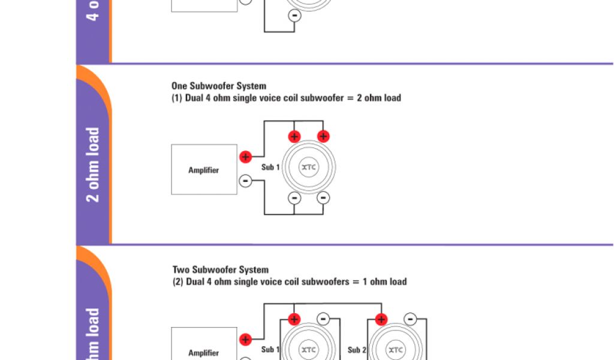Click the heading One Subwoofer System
pyautogui.click(x=219, y=86)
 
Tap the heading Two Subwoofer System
pyautogui.click(x=221, y=270)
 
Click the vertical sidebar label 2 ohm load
pyautogui.click(x=93, y=164)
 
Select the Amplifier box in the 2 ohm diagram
pyautogui.click(x=204, y=170)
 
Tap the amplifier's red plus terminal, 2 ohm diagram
pyautogui.click(x=245, y=157)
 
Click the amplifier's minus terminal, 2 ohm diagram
pyautogui.click(x=245, y=181)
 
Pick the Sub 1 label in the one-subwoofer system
pyautogui.click(x=270, y=167)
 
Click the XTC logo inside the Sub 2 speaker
pyautogui.click(x=395, y=350)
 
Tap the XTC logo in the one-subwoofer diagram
pyautogui.click(x=308, y=167)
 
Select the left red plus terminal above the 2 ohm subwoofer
pyautogui.click(x=294, y=136)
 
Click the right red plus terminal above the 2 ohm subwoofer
pyautogui.click(x=323, y=136)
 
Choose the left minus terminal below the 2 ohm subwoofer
pyautogui.click(x=294, y=197)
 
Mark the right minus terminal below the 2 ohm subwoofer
pyautogui.click(x=323, y=197)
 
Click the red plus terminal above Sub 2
pyautogui.click(x=381, y=319)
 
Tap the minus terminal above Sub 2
pyautogui.click(x=410, y=319)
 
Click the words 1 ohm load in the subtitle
pyautogui.click(x=384, y=281)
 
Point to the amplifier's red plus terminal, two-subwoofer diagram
pyautogui.click(x=245, y=340)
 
